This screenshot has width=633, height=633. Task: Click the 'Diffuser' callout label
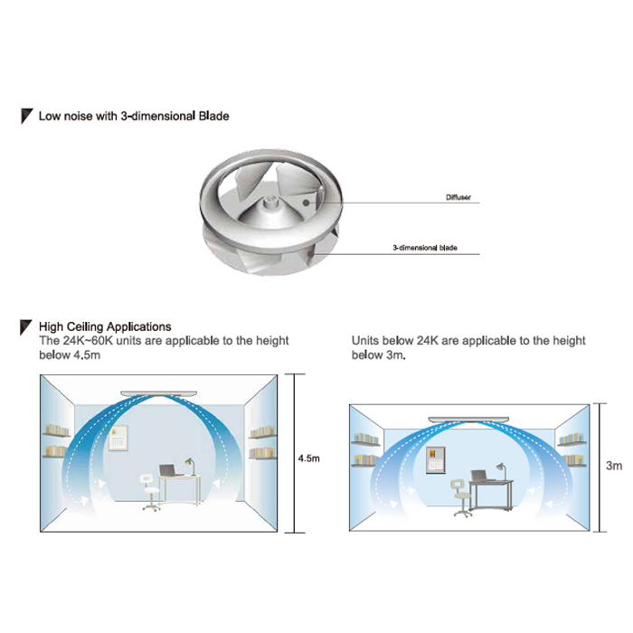458,197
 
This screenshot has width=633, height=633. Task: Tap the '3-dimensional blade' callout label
425,248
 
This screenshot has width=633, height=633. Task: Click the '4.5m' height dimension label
309,458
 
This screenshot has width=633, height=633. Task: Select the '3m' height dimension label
614,466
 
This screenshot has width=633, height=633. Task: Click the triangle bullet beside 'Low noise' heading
26,116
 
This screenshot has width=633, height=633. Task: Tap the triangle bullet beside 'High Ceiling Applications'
25,327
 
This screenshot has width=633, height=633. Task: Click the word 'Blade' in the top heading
214,116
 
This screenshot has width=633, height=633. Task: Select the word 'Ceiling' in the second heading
85,326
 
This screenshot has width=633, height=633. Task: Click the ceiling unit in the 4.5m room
158,393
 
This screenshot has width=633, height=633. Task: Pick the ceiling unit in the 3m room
468,420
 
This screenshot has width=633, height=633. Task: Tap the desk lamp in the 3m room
501,471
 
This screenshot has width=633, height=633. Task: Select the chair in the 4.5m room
151,493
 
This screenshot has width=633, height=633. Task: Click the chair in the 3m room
460,498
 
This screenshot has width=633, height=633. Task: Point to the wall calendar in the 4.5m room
118,438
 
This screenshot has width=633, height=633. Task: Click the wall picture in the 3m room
436,459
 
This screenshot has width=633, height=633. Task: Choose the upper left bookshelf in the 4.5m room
57,430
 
